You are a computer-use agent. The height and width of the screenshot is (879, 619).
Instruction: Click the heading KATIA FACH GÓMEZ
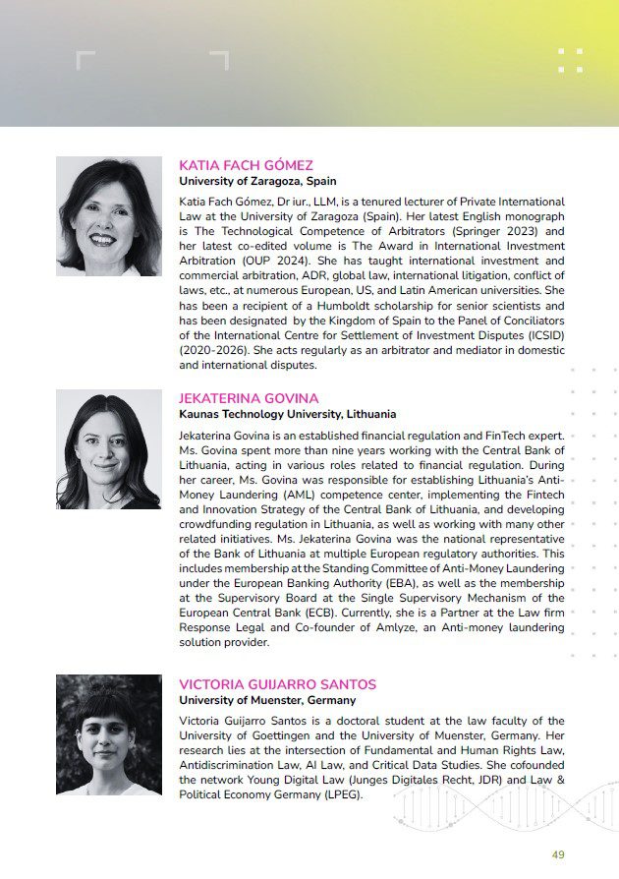[x=246, y=165]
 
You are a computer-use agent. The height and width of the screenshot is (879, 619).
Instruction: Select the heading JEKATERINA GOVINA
[x=249, y=398]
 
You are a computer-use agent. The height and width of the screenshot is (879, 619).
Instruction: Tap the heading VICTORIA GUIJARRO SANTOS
[x=277, y=684]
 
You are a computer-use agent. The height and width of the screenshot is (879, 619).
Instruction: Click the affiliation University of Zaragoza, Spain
[x=257, y=181]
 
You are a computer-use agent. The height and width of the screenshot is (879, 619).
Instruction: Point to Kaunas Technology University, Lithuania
[x=287, y=414]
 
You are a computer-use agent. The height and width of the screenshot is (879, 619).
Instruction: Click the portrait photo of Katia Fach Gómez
[x=108, y=216]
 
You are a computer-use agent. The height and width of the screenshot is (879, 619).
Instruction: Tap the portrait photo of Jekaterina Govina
[x=108, y=450]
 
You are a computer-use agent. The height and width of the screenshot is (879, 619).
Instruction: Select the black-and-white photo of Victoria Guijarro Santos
[x=108, y=734]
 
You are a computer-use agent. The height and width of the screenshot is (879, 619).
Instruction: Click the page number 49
[x=558, y=855]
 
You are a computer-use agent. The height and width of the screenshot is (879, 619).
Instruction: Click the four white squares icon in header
[x=570, y=60]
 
